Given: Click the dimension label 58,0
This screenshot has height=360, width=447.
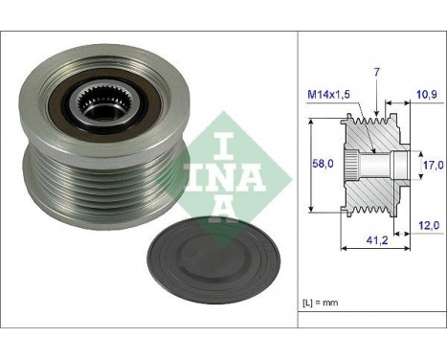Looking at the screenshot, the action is click(x=323, y=164).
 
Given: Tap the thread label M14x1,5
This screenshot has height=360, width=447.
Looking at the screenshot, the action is click(x=328, y=94).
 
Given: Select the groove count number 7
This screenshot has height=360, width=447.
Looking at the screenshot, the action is click(x=377, y=73).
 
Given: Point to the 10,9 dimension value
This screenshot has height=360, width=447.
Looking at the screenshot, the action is click(x=427, y=94).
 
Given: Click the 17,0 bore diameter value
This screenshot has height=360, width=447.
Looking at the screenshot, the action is click(x=434, y=165).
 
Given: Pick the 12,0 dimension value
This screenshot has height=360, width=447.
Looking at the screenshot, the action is click(x=429, y=226).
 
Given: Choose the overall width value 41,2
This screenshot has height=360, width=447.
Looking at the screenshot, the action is click(x=377, y=240).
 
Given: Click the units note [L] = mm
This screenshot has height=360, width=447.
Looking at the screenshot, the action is click(x=320, y=303).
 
